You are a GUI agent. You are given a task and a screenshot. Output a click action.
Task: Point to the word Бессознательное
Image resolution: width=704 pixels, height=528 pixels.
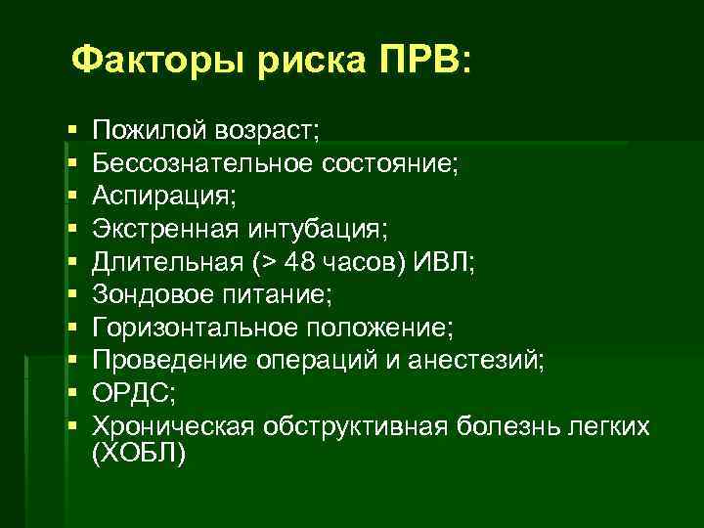pos(201,163)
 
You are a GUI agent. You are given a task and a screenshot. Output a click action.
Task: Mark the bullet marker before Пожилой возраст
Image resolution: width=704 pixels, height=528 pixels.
pos(74,131)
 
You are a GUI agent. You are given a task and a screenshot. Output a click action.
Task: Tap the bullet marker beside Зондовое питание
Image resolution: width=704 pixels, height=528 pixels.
pos(74,295)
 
